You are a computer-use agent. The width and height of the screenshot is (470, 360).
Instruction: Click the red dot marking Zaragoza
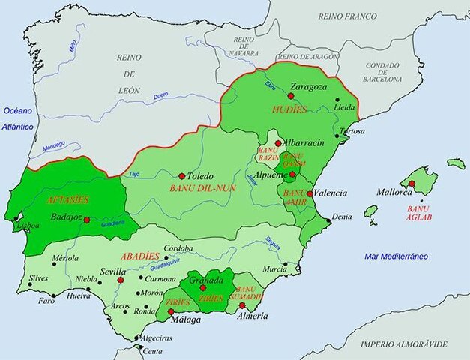[x=290, y=96]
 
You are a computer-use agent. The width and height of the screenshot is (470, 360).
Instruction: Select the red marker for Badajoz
[x=87, y=220]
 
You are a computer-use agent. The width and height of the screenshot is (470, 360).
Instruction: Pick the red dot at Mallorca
[x=412, y=184]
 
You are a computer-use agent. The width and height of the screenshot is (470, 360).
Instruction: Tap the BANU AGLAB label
[x=418, y=213]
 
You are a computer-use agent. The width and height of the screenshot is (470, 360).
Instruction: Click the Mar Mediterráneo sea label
[x=397, y=256]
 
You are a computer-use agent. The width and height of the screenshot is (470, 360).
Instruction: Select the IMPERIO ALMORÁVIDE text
[x=403, y=344]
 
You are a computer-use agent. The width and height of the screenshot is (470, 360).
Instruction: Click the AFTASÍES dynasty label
[x=67, y=199]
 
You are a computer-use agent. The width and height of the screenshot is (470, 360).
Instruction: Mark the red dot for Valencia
[x=309, y=193]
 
